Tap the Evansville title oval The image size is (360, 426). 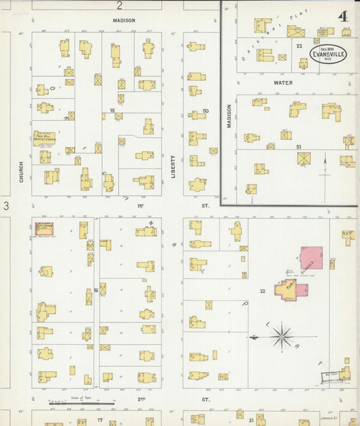[328, 54]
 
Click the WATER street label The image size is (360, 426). [283, 82]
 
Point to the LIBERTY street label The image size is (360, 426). [173, 166]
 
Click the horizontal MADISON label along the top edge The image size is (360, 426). [124, 20]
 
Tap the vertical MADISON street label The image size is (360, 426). [229, 115]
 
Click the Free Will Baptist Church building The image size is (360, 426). [45, 138]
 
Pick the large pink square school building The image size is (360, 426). [311, 257]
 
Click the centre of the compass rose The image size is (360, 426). [282, 336]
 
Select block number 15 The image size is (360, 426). [112, 109]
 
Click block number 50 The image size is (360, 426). [205, 110]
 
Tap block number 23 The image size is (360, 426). [298, 45]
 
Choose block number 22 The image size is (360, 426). [261, 290]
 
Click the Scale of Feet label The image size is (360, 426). [81, 398]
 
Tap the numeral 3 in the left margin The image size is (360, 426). [5, 205]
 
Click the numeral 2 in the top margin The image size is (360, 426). [120, 6]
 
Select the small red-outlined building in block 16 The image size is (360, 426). [45, 230]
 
